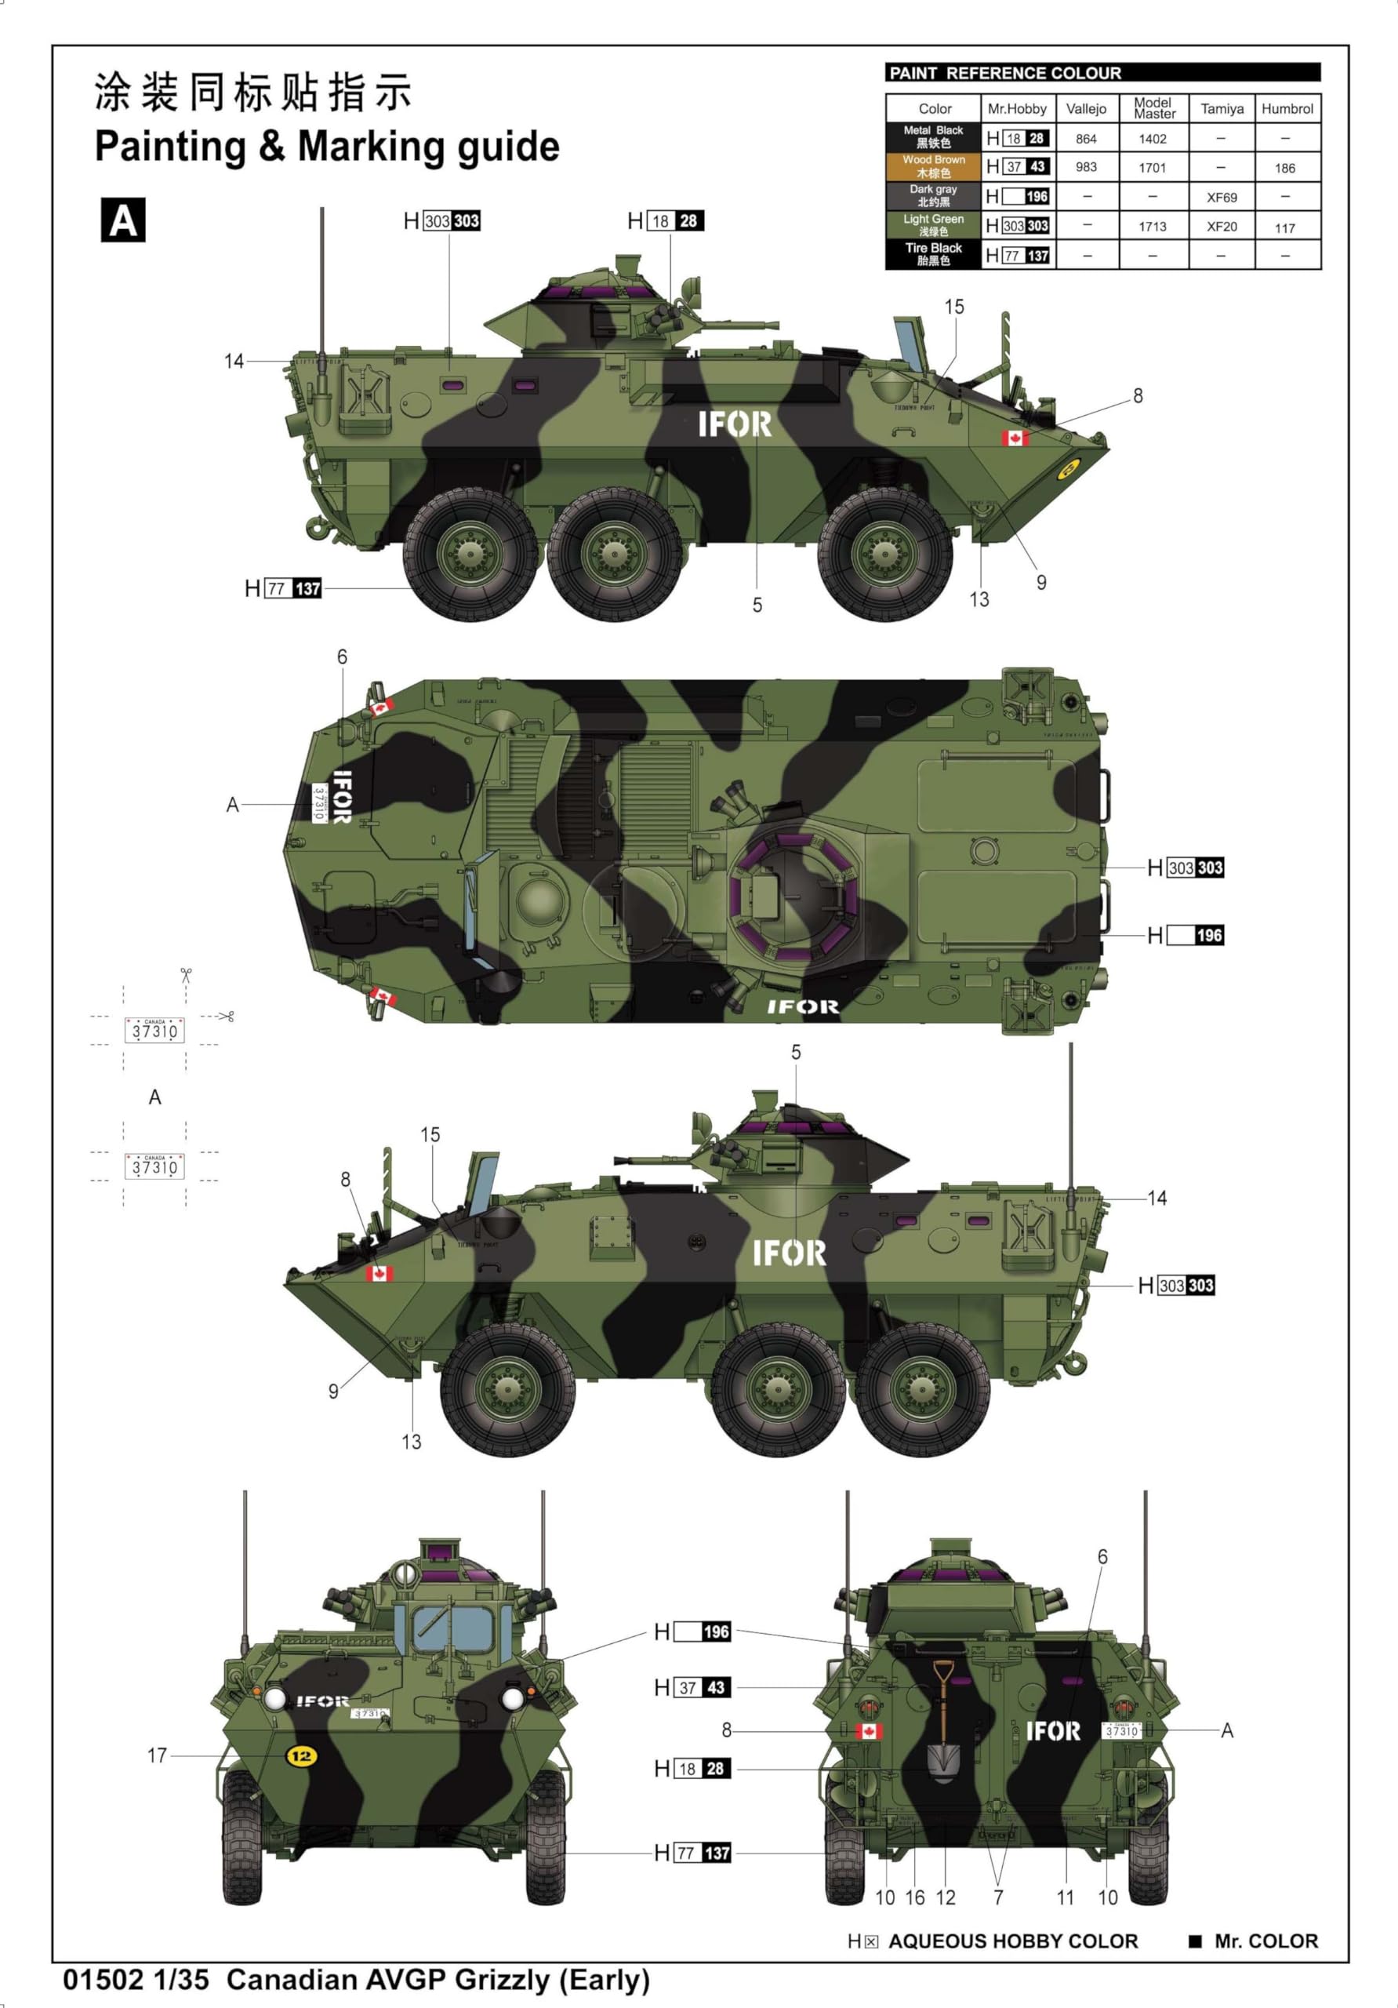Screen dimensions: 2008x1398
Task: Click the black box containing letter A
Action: tap(122, 220)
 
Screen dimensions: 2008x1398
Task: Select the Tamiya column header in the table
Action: tap(1222, 108)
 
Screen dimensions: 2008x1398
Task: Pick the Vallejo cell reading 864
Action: tap(1086, 138)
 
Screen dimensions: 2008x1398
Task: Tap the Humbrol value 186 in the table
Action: tap(1284, 168)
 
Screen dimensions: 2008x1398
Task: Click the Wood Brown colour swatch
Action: tap(933, 166)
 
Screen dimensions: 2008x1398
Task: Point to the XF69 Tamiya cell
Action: tap(1222, 197)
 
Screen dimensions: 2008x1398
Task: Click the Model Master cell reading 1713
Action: tap(1153, 227)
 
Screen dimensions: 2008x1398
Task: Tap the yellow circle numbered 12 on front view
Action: tap(301, 1755)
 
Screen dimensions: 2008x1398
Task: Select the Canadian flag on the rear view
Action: tap(867, 1731)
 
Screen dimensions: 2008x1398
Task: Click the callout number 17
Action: tap(157, 1755)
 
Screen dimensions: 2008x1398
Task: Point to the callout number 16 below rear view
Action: tap(914, 1897)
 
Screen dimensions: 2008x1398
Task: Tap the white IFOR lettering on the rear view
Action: tap(1053, 1731)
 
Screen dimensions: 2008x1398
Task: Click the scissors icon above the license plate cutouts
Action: tap(185, 974)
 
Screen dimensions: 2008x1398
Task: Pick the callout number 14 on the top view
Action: tap(234, 361)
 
